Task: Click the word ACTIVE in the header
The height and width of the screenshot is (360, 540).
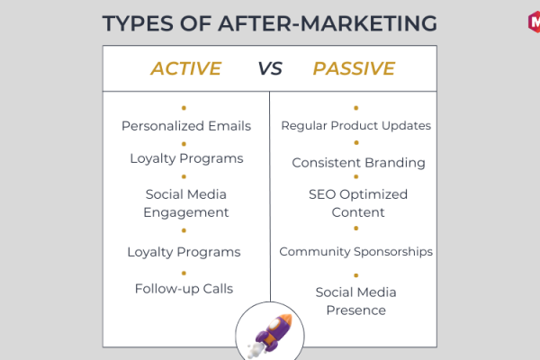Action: (x=186, y=68)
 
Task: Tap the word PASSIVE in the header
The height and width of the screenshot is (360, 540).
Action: (x=354, y=68)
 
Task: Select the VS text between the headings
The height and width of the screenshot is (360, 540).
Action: (x=270, y=68)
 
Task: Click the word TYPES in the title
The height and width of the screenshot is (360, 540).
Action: (x=138, y=23)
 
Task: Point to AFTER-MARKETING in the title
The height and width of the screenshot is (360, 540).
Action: (x=328, y=23)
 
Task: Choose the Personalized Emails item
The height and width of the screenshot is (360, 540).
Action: (x=186, y=126)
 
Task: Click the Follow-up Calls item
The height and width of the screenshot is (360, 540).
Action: (x=184, y=289)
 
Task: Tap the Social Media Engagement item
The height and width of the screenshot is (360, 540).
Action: (x=186, y=203)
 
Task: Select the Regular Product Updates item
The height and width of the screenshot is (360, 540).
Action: (x=356, y=126)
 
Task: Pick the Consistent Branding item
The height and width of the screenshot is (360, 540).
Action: (x=358, y=163)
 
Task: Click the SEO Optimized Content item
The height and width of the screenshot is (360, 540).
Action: (x=358, y=203)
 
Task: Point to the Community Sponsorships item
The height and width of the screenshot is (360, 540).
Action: (x=356, y=251)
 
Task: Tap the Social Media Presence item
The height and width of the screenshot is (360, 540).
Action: (x=356, y=301)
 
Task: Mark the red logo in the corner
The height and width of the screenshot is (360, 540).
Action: (x=534, y=22)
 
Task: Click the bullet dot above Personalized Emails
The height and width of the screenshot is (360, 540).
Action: (x=184, y=108)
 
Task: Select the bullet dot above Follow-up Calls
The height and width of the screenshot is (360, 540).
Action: (x=184, y=274)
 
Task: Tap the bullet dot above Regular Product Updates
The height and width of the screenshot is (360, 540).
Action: (x=356, y=108)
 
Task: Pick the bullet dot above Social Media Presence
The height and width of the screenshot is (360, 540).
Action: (x=356, y=275)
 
